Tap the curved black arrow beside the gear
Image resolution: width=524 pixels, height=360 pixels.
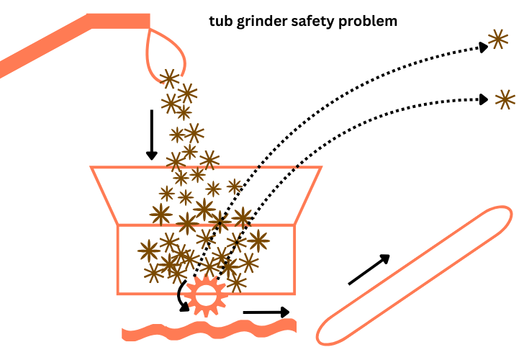[x=181, y=295]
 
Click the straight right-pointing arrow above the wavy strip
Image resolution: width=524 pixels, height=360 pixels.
[x=266, y=312]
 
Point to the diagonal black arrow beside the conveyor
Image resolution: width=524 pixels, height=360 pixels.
[x=369, y=270]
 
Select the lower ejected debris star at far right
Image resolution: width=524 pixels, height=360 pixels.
[x=505, y=99]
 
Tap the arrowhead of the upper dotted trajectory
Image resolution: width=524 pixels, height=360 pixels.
[x=482, y=47]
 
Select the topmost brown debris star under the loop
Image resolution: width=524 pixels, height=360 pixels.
[x=169, y=78]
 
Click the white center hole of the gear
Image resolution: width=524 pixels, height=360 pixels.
[x=204, y=294]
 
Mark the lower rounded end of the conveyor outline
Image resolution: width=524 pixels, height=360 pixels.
[x=332, y=330]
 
